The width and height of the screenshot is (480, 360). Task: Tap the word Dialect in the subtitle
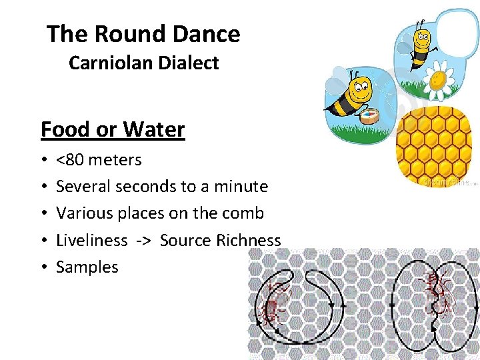tap(188, 63)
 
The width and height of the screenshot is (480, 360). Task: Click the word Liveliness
tap(91, 240)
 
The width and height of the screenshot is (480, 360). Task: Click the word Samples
tap(87, 267)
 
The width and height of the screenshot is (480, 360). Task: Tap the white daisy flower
tap(438, 79)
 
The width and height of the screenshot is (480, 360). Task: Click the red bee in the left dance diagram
tap(275, 303)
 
